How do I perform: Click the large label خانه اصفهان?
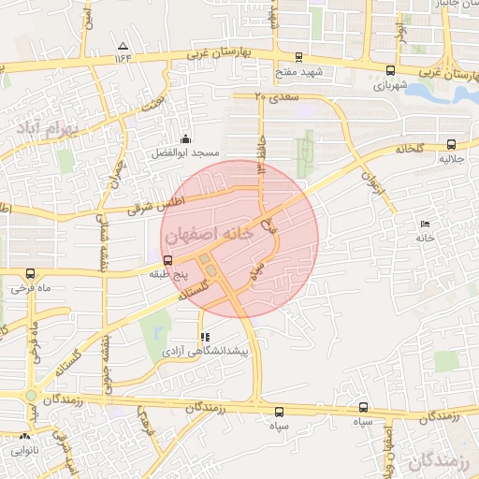pyautogui.click(x=210, y=235)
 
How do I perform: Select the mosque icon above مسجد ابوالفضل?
pyautogui.click(x=185, y=138)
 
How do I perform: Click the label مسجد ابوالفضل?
pyautogui.click(x=186, y=152)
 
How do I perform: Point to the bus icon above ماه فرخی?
pyautogui.click(x=31, y=274)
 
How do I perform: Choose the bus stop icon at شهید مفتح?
pyautogui.click(x=298, y=57)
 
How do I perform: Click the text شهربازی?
pyautogui.click(x=392, y=84)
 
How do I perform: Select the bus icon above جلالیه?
pyautogui.click(x=452, y=144)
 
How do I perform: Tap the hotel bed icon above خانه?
pyautogui.click(x=427, y=224)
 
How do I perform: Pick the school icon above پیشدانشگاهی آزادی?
pyautogui.click(x=205, y=336)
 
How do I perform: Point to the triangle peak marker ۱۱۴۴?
pyautogui.click(x=123, y=46)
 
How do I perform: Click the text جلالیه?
pyautogui.click(x=452, y=160)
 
